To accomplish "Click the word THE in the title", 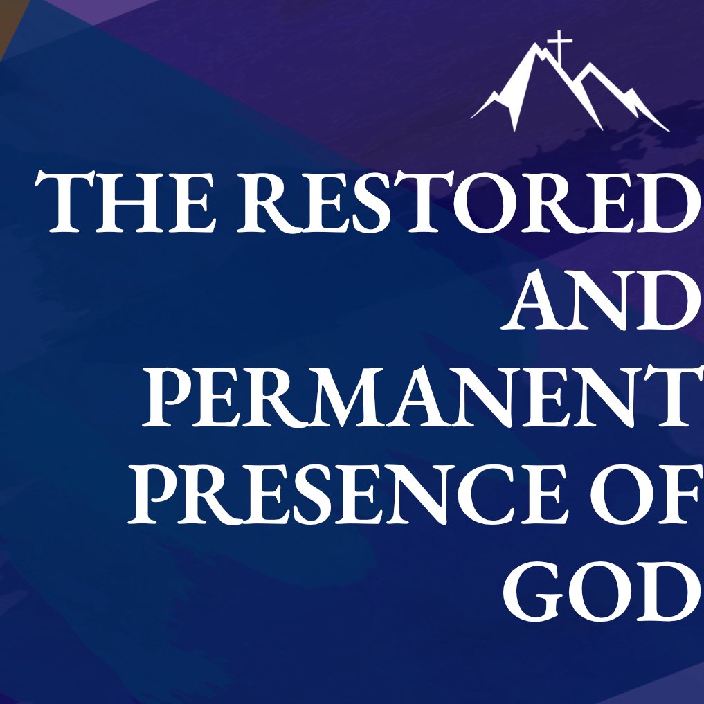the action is [x=125, y=201].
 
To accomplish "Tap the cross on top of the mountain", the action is [x=559, y=46].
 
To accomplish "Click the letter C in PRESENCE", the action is [x=487, y=494].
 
